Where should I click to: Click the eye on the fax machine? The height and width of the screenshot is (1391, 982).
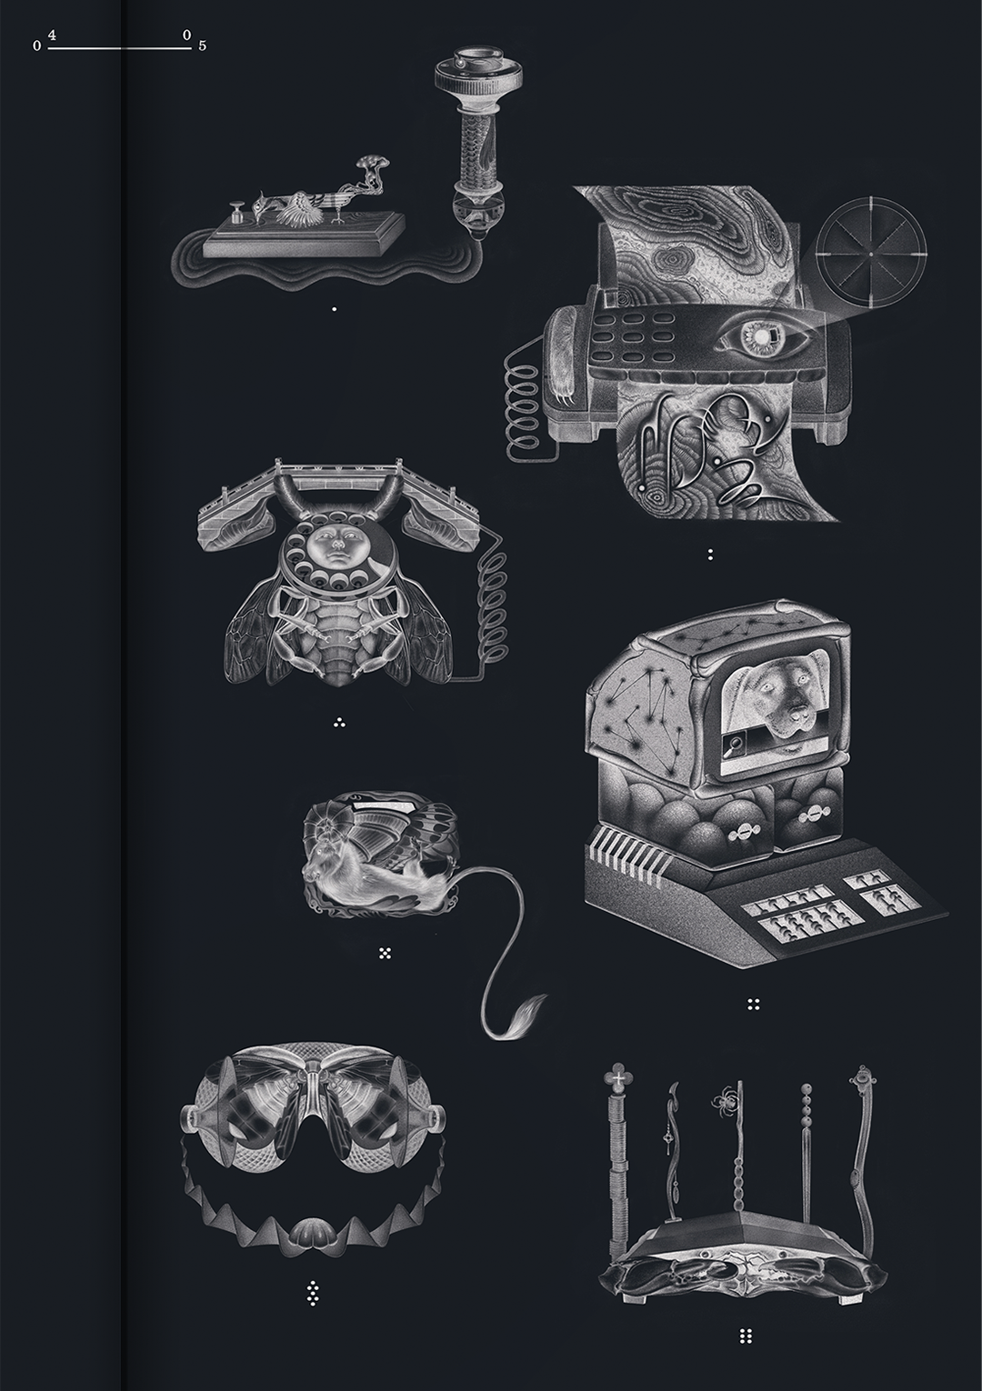tap(763, 338)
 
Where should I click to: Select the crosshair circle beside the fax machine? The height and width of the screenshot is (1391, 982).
tap(871, 254)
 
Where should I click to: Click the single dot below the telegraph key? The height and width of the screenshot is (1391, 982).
tap(335, 308)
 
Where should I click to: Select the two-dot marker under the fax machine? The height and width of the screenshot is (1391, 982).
tap(710, 555)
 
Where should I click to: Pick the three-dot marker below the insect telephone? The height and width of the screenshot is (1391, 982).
tap(339, 723)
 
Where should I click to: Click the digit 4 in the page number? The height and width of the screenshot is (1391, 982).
tap(52, 36)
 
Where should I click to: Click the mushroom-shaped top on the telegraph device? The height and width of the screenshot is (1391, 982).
tap(374, 163)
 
